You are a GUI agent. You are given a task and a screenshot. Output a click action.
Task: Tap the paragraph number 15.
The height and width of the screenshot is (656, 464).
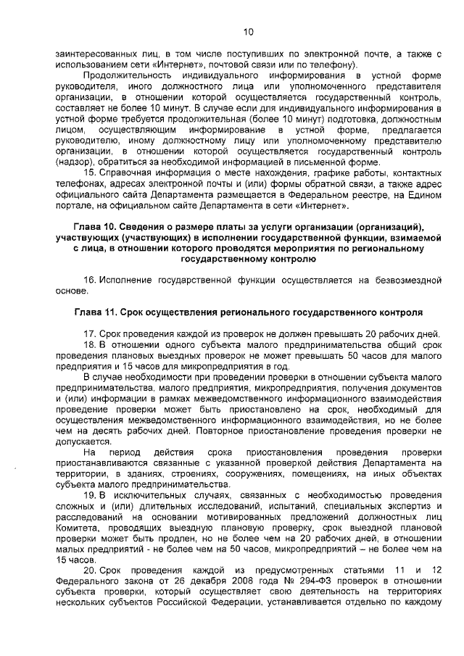pyautogui.click(x=88, y=173)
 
